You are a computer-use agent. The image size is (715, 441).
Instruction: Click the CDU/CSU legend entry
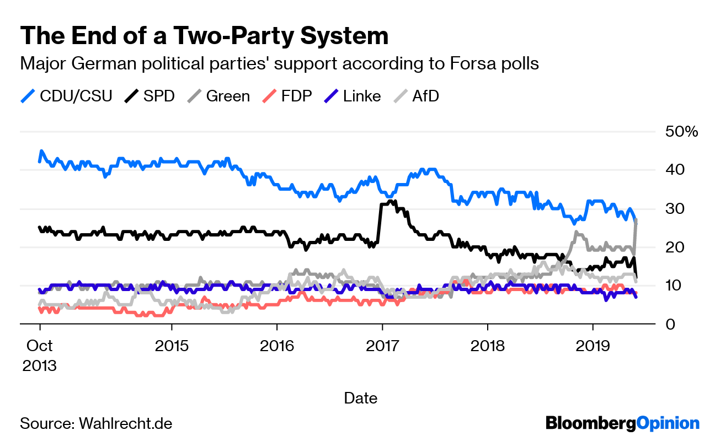(x=66, y=96)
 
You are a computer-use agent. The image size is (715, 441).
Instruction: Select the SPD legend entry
(x=150, y=96)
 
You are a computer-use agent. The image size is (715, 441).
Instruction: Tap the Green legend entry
(x=218, y=96)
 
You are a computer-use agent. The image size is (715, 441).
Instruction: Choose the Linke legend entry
(x=352, y=96)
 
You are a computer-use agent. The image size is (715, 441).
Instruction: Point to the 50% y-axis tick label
(x=682, y=132)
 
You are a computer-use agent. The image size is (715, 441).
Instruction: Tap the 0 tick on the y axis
(x=670, y=325)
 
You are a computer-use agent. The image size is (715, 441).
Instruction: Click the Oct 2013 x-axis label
(x=39, y=355)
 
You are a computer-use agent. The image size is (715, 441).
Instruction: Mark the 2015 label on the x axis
(x=172, y=346)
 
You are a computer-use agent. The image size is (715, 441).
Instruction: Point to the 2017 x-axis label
(x=382, y=346)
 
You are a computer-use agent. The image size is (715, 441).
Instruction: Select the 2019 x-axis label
(x=592, y=346)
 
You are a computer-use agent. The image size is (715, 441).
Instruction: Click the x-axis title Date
(x=361, y=397)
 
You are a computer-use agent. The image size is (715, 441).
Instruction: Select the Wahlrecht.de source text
(x=126, y=423)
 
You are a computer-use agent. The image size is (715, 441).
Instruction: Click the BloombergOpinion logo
(x=622, y=423)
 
